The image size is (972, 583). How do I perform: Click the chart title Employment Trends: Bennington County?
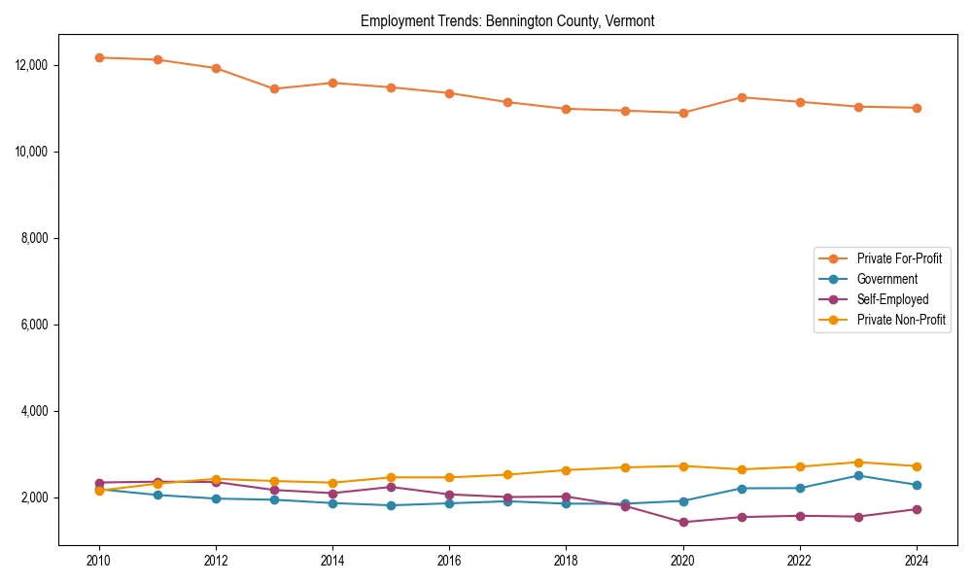pyautogui.click(x=507, y=21)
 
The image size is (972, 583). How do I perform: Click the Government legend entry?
pyautogui.click(x=886, y=279)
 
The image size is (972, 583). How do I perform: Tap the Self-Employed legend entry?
pyautogui.click(x=892, y=299)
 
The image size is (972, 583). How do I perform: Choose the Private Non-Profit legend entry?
pyautogui.click(x=901, y=320)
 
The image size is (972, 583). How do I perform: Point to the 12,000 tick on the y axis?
pyautogui.click(x=31, y=65)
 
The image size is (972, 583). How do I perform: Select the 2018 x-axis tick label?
pyautogui.click(x=566, y=561)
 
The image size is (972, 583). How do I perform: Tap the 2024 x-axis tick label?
pyautogui.click(x=916, y=561)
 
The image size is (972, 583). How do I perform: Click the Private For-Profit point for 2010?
pyautogui.click(x=99, y=57)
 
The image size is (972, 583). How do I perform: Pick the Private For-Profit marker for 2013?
pyautogui.click(x=274, y=88)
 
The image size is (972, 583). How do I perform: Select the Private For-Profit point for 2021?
pyautogui.click(x=741, y=97)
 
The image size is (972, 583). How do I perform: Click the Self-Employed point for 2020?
pyautogui.click(x=682, y=522)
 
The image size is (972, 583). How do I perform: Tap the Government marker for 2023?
pyautogui.click(x=857, y=475)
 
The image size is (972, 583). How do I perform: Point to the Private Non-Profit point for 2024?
pyautogui.click(x=916, y=466)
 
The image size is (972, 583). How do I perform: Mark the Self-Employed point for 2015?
pyautogui.click(x=391, y=487)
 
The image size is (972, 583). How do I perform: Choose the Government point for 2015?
pyautogui.click(x=391, y=505)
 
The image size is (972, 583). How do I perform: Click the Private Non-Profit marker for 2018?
pyautogui.click(x=566, y=470)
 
